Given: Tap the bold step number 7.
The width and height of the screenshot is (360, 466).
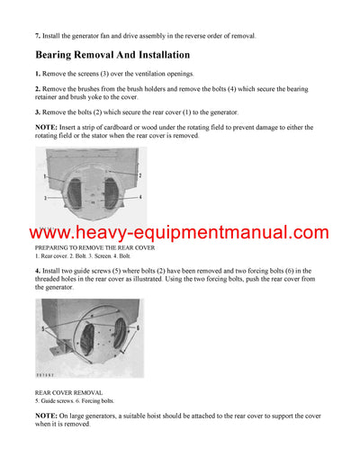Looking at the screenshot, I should point(37,36).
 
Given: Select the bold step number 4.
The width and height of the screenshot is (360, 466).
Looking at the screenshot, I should point(37,270).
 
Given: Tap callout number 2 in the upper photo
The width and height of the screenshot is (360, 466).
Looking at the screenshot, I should point(140,175).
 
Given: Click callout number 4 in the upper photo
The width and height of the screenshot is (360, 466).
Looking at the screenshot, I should point(140,197).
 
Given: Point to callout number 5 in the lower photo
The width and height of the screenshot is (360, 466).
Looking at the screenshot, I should point(41,328).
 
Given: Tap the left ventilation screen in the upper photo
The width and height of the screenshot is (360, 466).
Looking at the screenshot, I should point(69,193).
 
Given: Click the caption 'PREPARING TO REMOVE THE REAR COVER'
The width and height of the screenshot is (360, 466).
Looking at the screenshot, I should point(94,247).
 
